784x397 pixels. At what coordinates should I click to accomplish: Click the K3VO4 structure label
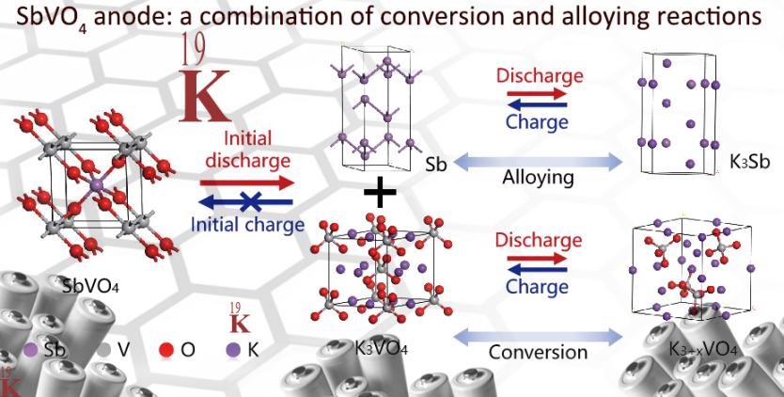tap(381, 350)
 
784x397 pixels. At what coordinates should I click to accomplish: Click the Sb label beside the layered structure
tap(435, 164)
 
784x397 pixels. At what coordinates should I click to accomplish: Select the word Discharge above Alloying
tap(539, 76)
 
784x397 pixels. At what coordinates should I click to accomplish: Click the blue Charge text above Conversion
tap(538, 286)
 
